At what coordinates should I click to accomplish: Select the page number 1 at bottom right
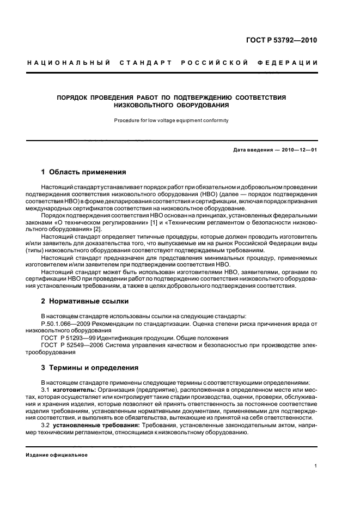coord(316,466)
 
